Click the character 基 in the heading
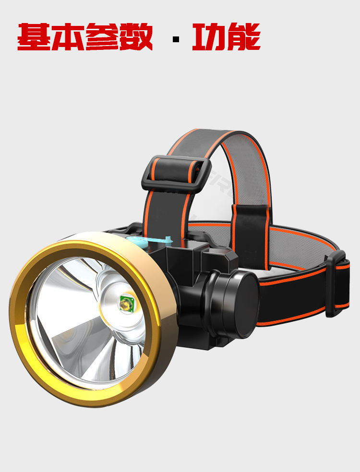point(35,37)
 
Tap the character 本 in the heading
point(68,37)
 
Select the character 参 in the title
point(102,37)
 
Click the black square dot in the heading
point(176,39)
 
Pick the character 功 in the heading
point(209,37)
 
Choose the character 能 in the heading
point(244,37)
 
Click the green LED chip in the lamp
point(127,304)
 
